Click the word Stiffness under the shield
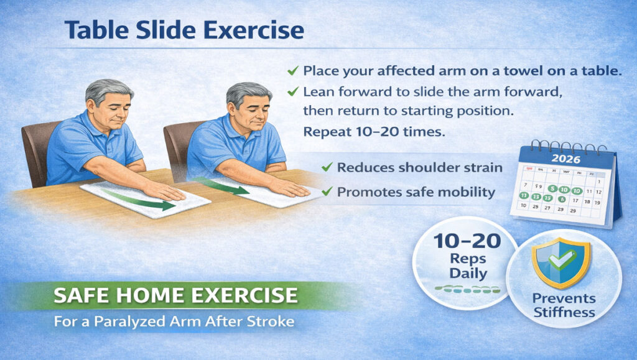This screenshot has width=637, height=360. [x=564, y=312]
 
